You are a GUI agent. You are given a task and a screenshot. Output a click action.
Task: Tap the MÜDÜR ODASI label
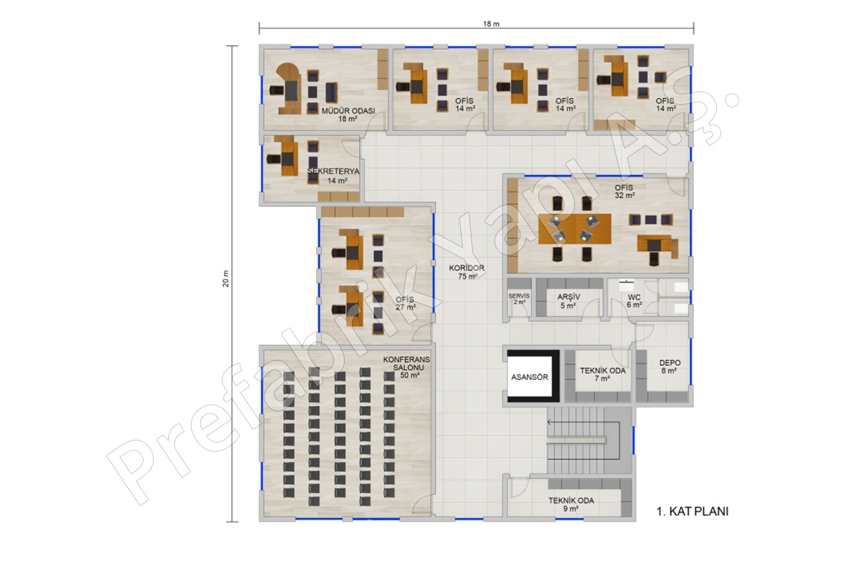click(348, 111)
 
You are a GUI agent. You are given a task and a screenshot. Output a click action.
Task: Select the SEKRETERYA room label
click(333, 172)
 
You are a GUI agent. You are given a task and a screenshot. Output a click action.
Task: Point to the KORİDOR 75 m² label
click(467, 272)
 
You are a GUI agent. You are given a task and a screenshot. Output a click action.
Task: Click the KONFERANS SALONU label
click(407, 363)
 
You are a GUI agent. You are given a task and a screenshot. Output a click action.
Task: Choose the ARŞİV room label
click(568, 297)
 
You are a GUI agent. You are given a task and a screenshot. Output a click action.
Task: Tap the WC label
click(634, 297)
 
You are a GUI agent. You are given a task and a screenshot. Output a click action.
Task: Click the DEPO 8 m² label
click(669, 367)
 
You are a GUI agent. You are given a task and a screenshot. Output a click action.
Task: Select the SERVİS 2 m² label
click(519, 299)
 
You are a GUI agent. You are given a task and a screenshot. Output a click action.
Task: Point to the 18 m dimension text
click(491, 24)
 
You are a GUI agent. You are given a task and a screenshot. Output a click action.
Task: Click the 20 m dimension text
click(226, 278)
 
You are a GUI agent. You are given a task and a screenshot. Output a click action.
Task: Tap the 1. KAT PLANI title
click(693, 512)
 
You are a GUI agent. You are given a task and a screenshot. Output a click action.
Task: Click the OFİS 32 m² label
click(625, 192)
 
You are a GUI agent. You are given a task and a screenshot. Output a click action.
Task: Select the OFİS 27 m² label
click(405, 303)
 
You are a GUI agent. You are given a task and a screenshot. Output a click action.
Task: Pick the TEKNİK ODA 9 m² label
click(571, 504)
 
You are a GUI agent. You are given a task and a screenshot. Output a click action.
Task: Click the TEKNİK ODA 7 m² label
click(603, 375)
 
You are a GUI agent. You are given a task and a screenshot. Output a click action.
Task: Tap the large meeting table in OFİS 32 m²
click(574, 229)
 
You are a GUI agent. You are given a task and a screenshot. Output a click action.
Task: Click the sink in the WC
click(626, 284)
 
